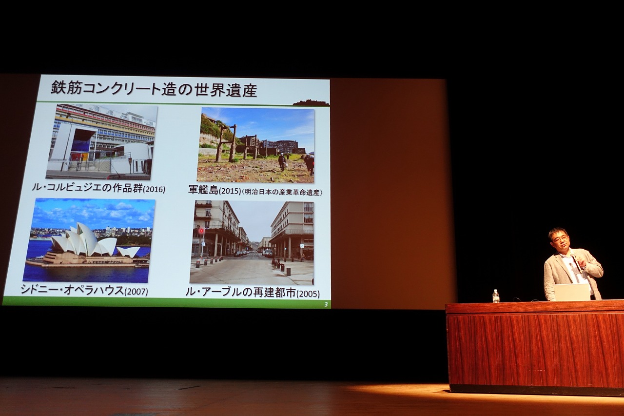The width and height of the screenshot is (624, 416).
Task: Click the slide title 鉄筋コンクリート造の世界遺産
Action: (154, 90)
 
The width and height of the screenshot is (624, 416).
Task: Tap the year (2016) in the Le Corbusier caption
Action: (154, 189)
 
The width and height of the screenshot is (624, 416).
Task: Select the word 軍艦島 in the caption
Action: (203, 190)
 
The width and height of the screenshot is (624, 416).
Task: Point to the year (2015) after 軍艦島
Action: (230, 191)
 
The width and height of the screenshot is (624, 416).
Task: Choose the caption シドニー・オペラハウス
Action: (72, 290)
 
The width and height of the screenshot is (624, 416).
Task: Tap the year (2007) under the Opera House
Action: (136, 292)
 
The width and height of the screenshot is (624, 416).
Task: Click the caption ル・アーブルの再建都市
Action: (241, 292)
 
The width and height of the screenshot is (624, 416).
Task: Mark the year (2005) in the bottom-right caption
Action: (308, 294)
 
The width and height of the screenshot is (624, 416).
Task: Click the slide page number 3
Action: (326, 305)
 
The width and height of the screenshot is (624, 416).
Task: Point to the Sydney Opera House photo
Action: (89, 240)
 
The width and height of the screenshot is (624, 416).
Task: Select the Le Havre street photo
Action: (252, 242)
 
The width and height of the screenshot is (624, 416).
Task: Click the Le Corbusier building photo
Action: (101, 142)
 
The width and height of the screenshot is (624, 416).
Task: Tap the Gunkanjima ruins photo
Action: (255, 146)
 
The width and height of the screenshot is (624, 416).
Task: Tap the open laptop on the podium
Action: (572, 292)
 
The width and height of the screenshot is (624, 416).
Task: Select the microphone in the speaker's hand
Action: (576, 263)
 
